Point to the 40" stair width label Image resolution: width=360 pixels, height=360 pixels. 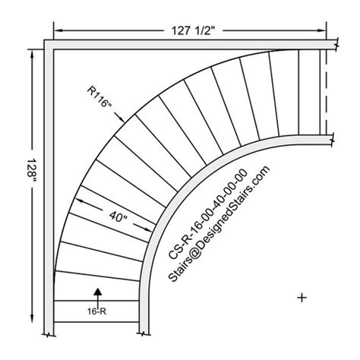click(116, 216)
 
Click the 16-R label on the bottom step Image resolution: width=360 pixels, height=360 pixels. click(96, 310)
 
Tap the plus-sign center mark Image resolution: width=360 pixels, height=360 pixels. click(302, 298)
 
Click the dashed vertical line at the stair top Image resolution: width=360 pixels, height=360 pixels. click(325, 92)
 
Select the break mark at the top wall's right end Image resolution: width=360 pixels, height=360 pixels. click(332, 46)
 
